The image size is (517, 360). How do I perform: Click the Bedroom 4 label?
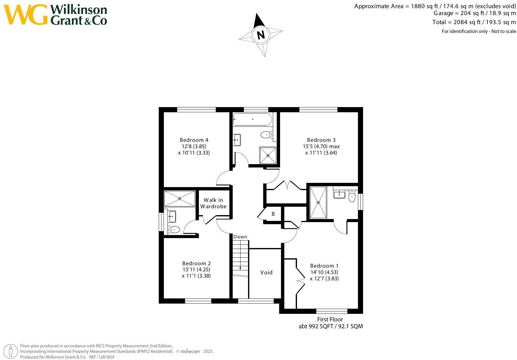194,140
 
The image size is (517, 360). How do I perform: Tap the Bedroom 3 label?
321,140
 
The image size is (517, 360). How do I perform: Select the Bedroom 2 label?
196,263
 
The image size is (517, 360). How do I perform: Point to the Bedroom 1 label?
324,266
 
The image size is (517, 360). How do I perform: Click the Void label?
266,272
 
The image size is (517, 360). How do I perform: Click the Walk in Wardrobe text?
213,203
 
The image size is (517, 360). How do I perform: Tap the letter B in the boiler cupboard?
273,214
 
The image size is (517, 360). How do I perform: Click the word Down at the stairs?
240,237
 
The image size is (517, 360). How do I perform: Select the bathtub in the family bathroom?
252,119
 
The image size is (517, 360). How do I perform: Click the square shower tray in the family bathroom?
268,155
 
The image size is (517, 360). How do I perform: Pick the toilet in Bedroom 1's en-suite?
352,196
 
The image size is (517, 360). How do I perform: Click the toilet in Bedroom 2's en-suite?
174,230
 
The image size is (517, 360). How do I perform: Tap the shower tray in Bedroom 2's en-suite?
180,199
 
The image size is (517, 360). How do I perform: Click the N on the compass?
261,35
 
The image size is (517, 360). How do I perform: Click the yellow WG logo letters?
25,14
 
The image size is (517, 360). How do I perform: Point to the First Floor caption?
330,319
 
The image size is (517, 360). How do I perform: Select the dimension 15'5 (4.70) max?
321,146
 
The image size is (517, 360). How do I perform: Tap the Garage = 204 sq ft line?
474,13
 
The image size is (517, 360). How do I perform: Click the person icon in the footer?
11,352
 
